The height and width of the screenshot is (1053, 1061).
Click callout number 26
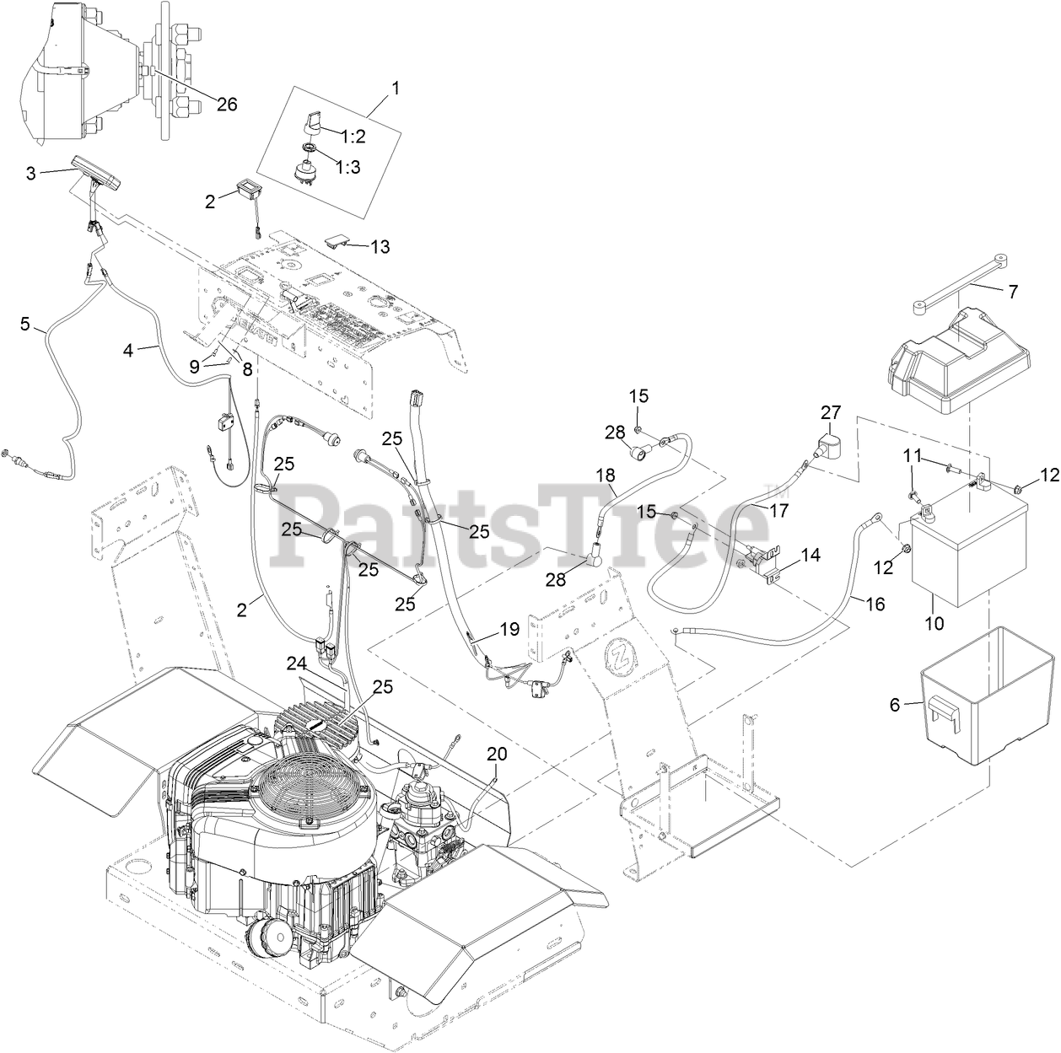click(x=226, y=105)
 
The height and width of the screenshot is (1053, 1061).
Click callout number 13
click(x=380, y=246)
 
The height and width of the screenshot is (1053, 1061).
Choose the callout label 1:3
click(x=348, y=167)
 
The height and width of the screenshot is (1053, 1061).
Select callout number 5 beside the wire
click(x=25, y=322)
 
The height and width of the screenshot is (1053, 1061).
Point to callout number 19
click(x=509, y=628)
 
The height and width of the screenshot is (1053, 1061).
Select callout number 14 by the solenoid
click(x=810, y=555)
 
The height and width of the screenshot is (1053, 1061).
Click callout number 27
click(x=831, y=412)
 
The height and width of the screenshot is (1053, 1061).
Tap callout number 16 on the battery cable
click(x=875, y=604)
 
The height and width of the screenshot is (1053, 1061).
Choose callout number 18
click(x=606, y=475)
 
